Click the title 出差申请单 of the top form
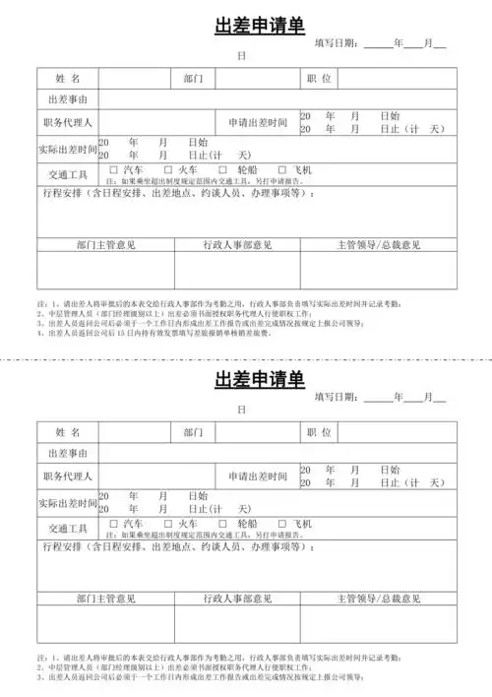[260, 27]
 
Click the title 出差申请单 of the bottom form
[260, 380]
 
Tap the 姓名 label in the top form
[67, 78]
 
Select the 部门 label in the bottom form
[193, 431]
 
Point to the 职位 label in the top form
[319, 78]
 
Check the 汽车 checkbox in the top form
[114, 170]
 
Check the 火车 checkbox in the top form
[168, 170]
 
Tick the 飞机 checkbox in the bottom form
[283, 523]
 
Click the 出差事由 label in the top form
[67, 99]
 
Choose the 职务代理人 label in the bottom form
[67, 476]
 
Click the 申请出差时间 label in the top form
[258, 123]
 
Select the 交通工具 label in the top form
[67, 174]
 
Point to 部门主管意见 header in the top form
[105, 244]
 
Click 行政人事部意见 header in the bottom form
[237, 598]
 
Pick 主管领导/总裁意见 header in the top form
[378, 244]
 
